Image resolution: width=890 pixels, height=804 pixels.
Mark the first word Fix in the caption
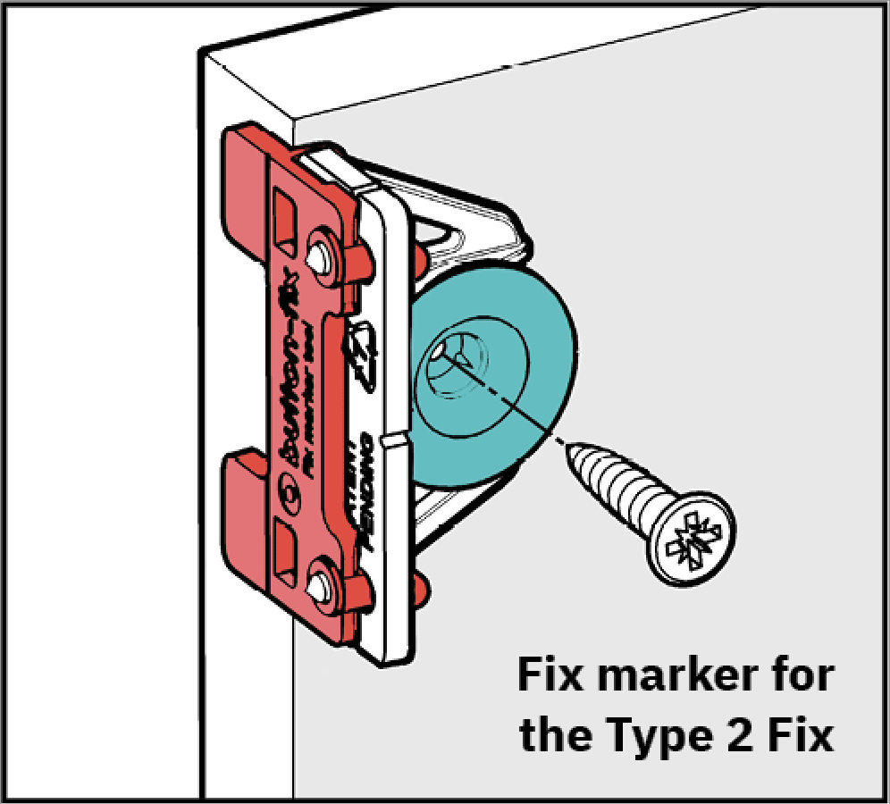[x=551, y=676]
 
